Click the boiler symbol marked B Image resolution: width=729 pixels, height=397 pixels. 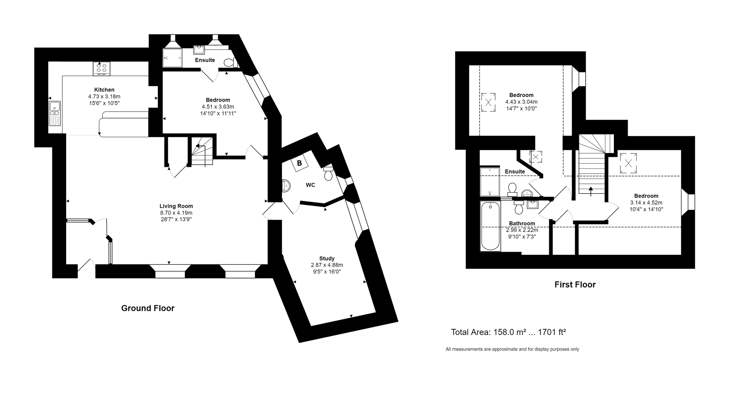(x=300, y=164)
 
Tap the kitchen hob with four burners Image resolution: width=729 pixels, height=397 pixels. (x=101, y=68)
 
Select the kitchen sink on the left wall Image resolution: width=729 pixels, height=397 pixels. (x=55, y=113)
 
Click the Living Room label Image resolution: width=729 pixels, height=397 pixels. (x=176, y=206)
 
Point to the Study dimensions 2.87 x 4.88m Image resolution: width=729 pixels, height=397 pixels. (x=327, y=265)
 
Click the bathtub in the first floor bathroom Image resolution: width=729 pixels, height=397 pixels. (x=490, y=226)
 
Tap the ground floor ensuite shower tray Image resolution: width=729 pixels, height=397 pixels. (x=172, y=58)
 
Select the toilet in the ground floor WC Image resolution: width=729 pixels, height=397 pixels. (x=328, y=174)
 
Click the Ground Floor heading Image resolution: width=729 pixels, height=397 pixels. (x=148, y=308)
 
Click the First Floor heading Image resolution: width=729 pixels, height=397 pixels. (x=575, y=285)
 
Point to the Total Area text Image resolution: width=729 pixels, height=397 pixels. (x=508, y=332)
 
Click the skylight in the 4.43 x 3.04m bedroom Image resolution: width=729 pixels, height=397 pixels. (x=488, y=102)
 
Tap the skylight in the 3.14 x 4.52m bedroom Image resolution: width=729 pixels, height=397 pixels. (x=628, y=163)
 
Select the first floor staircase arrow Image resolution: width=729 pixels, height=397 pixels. (x=590, y=190)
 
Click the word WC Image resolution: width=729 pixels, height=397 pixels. (x=310, y=185)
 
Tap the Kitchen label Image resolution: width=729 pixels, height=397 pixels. (x=104, y=90)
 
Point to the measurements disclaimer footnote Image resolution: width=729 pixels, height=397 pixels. (x=512, y=349)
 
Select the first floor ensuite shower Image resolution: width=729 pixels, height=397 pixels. (x=490, y=182)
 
